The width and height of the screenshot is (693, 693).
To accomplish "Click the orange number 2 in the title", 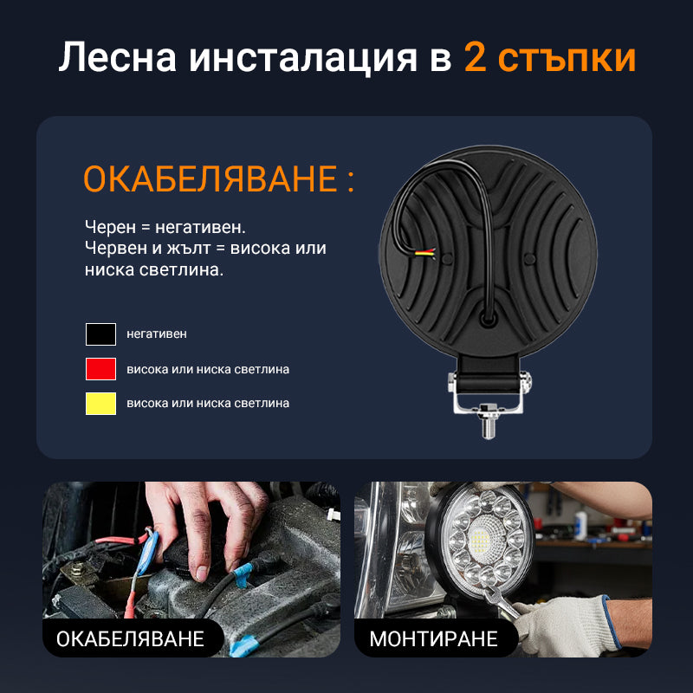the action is tap(475, 57).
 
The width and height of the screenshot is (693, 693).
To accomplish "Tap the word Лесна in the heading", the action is tap(118, 57).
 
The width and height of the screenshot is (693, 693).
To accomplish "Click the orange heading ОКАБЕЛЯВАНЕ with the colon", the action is tap(219, 178).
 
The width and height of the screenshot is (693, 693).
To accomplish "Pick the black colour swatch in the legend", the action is tap(100, 334).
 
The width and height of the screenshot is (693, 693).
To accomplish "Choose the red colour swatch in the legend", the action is tap(100, 369).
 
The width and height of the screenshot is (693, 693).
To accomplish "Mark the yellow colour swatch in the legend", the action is tap(100, 403).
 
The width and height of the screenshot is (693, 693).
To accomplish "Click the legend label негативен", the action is tap(157, 334).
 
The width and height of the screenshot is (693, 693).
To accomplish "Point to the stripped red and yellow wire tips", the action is tap(425, 253).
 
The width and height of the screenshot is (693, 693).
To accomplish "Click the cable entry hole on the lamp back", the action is tap(488, 318).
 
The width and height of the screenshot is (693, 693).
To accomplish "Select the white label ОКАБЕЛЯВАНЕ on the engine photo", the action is tap(130, 638).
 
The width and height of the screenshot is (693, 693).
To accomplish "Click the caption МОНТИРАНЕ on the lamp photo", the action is tap(434, 638).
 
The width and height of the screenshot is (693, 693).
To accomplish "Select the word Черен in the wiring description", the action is tap(111, 227).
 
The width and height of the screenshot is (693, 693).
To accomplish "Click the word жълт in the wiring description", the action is tap(189, 248).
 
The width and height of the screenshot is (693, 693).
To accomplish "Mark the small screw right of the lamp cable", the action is tap(528, 258).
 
